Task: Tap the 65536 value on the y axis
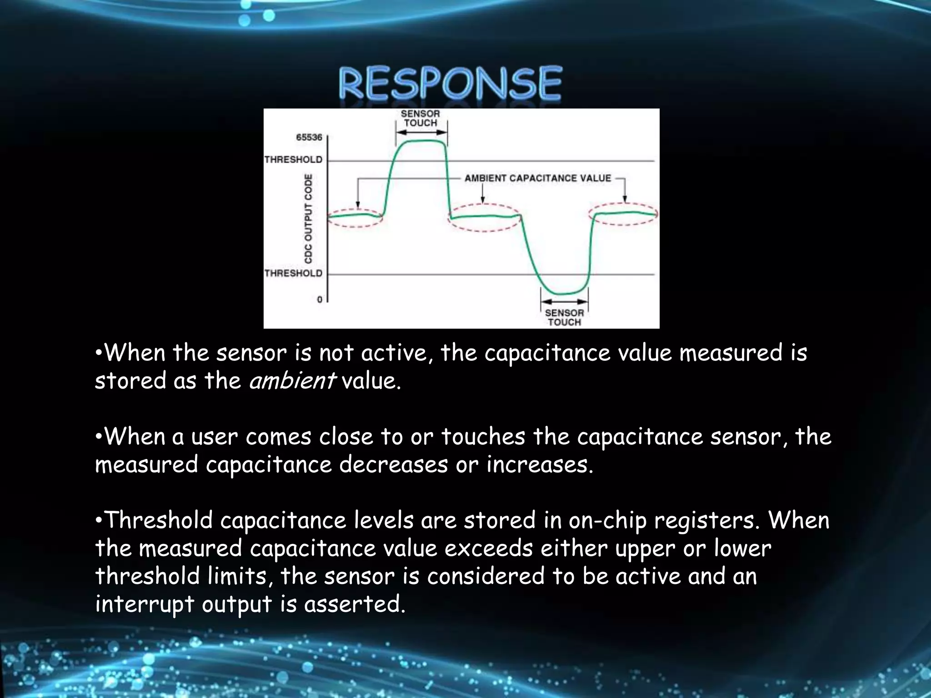coord(309,137)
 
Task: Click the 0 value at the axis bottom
coord(320,299)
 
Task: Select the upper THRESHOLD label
coord(293,160)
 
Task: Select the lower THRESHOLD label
coord(293,273)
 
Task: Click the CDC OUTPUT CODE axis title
coord(309,219)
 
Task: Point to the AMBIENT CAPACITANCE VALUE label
coord(537,178)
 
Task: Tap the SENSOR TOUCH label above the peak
coord(420,118)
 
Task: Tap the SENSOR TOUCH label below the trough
coord(564,317)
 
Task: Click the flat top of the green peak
coord(420,141)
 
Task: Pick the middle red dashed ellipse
coord(484,218)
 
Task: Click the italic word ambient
coord(292,380)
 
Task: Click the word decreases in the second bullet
coord(393,464)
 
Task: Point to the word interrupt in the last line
coord(145,604)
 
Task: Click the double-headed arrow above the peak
coord(421,132)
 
